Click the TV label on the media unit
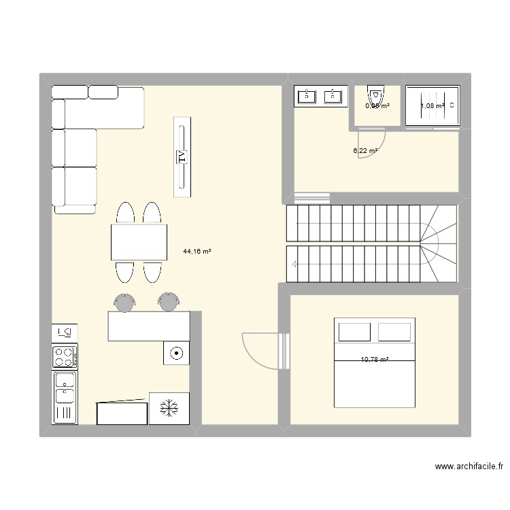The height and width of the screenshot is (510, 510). (182, 157)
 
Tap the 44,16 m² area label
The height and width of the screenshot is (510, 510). (197, 252)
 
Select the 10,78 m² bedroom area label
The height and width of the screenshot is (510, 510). (375, 360)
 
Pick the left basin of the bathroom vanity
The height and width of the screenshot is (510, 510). (307, 95)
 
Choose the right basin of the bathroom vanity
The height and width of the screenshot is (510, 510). (333, 95)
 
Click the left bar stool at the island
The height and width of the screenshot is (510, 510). (124, 302)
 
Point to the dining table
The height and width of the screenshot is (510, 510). (139, 241)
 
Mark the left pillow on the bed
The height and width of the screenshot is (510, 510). (355, 332)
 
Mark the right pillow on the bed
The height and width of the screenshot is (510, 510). (394, 332)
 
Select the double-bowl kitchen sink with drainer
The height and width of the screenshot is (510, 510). (65, 396)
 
